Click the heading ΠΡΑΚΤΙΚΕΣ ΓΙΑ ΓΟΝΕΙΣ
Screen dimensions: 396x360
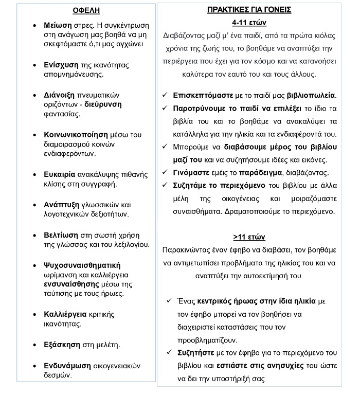(x=249, y=10)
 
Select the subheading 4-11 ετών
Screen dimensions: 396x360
(x=249, y=23)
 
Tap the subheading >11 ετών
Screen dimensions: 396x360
(x=249, y=237)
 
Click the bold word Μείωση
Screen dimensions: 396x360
(x=58, y=25)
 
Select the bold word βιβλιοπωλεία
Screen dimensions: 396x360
(x=307, y=96)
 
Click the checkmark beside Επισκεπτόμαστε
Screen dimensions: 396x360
(x=164, y=96)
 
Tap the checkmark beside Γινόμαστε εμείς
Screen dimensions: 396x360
(x=164, y=172)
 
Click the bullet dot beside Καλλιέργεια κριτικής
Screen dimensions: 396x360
(x=34, y=314)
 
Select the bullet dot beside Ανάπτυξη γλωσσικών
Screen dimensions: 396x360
(x=34, y=205)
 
